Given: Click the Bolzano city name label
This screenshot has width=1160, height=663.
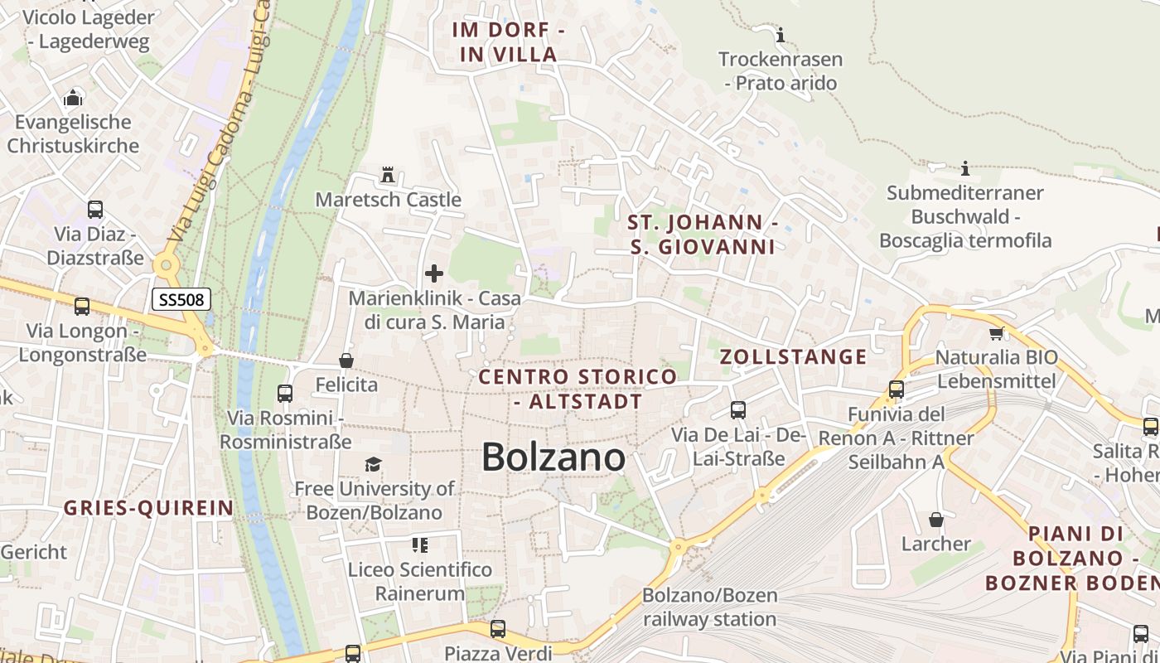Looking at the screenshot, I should (x=553, y=457).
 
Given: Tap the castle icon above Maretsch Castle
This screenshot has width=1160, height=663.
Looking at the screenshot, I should (x=387, y=175).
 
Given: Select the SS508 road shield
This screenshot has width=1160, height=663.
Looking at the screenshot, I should (x=181, y=299).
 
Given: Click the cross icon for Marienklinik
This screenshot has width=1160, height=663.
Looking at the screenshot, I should (x=433, y=273).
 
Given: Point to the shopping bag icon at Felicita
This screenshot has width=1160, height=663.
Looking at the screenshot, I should (x=346, y=361).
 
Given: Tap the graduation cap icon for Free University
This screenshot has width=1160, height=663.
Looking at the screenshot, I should (x=374, y=464).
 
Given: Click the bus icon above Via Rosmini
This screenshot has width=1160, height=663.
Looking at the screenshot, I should (x=285, y=394).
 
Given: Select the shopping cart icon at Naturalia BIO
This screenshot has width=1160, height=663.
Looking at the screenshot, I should (x=996, y=333).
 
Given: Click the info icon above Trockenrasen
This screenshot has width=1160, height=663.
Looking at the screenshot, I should (x=780, y=35).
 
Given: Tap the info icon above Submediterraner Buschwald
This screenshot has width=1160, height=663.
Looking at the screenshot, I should (x=964, y=169).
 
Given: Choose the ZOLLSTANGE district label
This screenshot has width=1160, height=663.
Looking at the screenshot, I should (x=793, y=357).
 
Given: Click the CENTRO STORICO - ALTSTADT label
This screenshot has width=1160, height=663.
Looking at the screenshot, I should (x=578, y=390).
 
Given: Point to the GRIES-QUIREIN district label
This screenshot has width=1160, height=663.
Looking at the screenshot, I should (x=148, y=508).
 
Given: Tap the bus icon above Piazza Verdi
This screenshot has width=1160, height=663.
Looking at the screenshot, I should (x=497, y=629).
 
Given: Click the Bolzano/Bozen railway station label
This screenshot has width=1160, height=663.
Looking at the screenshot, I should (x=710, y=607).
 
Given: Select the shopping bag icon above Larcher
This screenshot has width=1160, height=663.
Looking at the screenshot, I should (x=935, y=520).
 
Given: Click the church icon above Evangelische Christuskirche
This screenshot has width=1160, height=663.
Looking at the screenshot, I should (x=73, y=98).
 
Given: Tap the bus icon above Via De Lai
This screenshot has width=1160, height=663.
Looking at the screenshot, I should (x=737, y=409).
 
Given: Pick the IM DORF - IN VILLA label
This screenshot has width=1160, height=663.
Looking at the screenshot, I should (x=509, y=42).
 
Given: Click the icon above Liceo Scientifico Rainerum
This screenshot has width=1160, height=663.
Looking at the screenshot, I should (x=420, y=544).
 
